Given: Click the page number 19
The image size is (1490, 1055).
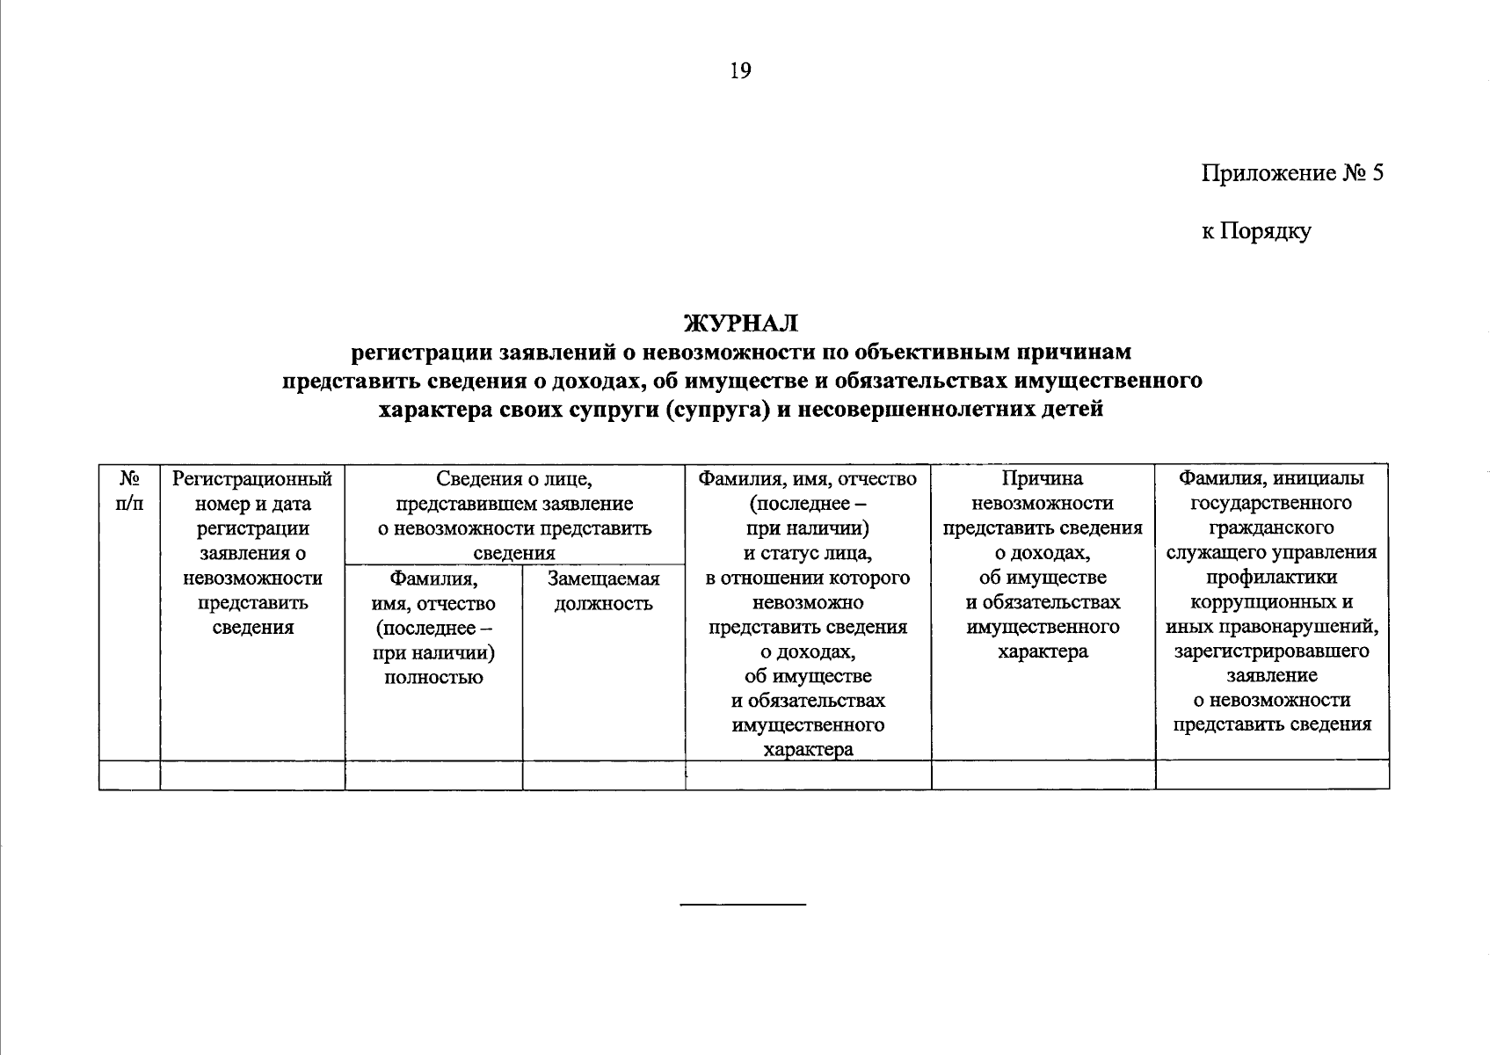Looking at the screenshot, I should click(x=740, y=71).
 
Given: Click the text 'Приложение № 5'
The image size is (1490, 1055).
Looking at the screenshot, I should click(x=1292, y=172).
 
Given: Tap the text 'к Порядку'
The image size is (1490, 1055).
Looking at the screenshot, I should click(x=1256, y=231).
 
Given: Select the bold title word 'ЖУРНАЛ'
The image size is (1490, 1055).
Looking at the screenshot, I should click(x=740, y=324).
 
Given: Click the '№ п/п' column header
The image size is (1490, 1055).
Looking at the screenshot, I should click(x=130, y=491).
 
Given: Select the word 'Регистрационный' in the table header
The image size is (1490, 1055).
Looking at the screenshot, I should click(x=252, y=479).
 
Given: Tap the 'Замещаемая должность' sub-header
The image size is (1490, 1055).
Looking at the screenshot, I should click(x=603, y=591).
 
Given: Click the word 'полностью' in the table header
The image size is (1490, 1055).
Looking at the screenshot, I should click(x=433, y=677).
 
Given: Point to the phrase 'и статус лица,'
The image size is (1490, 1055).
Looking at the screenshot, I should click(x=807, y=553).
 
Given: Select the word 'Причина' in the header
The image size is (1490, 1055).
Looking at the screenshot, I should click(x=1043, y=479).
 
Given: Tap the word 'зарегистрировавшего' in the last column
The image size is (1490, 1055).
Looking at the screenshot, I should click(x=1271, y=651).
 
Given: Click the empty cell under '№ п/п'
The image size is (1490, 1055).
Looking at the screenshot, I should click(x=130, y=775).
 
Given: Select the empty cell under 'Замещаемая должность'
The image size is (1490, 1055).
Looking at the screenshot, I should click(x=603, y=775).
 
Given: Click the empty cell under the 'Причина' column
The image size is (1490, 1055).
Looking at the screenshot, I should click(x=1043, y=775).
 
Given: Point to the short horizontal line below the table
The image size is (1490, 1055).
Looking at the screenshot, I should click(x=744, y=904).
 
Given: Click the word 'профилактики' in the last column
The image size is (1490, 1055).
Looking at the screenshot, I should click(x=1271, y=578).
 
